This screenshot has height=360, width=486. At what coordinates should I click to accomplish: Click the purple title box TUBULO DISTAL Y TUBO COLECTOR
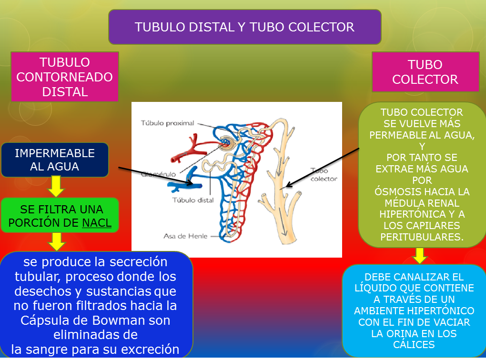click(x=244, y=27)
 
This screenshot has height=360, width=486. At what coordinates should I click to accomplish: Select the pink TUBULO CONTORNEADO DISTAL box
click(x=65, y=77)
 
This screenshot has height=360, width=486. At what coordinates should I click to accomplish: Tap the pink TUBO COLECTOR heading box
click(x=425, y=72)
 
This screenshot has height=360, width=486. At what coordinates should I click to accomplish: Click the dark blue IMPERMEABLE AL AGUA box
click(x=55, y=160)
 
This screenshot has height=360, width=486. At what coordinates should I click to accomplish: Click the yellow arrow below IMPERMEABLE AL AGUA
click(x=56, y=187)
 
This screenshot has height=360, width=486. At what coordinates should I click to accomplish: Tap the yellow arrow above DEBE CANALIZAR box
click(x=419, y=256)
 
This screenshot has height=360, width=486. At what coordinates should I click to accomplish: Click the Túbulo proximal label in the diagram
click(x=167, y=123)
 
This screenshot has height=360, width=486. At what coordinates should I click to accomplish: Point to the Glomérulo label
click(x=155, y=174)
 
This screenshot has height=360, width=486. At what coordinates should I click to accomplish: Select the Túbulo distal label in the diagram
click(x=193, y=200)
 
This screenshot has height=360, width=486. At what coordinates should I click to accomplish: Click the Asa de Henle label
click(x=185, y=236)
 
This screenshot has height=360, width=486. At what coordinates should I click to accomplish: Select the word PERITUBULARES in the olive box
click(x=422, y=237)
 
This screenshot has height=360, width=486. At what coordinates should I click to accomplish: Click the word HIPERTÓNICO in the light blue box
click(x=445, y=311)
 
